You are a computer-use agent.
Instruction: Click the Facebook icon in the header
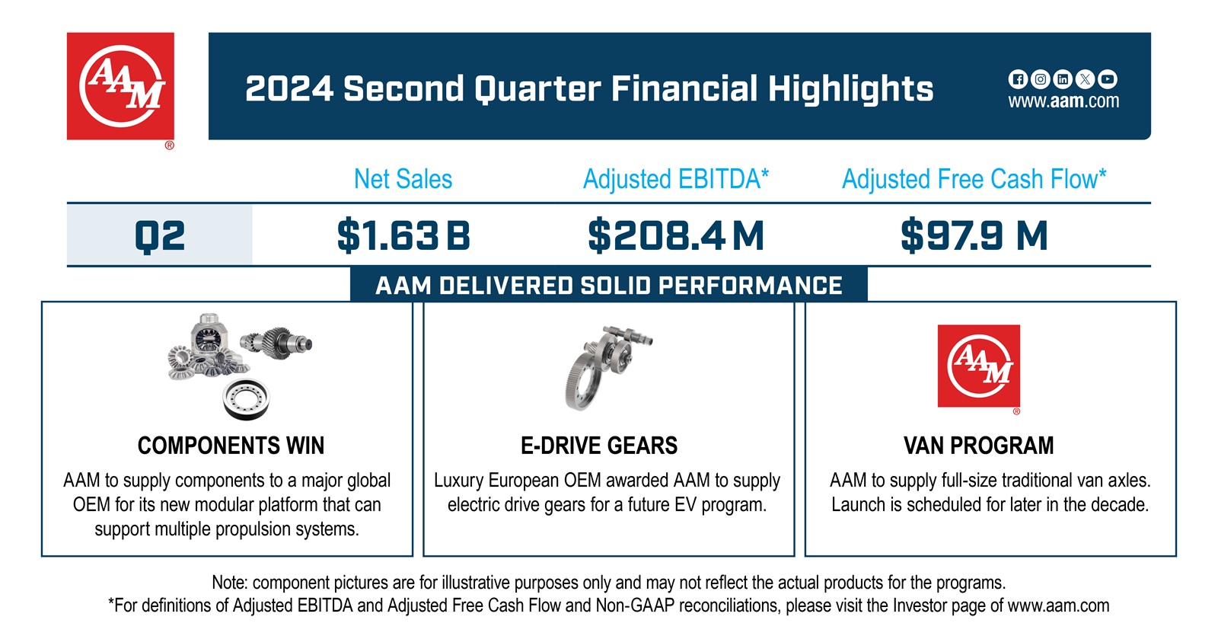coord(1017,79)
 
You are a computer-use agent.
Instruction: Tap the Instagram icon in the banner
coord(1040,79)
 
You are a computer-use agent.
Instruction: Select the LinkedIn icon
coord(1063,79)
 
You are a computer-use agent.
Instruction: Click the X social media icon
coord(1086,79)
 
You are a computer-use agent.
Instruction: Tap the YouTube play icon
coord(1108,79)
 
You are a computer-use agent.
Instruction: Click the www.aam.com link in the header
coord(1063,101)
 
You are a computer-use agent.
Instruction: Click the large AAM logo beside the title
coord(120,86)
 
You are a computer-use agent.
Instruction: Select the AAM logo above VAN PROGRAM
coord(978,366)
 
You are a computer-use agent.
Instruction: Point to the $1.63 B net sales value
coord(403,235)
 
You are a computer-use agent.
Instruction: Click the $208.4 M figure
coord(675,235)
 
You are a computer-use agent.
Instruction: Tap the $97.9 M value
coord(974,235)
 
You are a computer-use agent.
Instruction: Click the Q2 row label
coord(160,235)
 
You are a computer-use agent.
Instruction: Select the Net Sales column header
coord(403,180)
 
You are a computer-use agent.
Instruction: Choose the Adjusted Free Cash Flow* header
coord(974,180)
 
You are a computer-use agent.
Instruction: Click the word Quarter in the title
coord(537,89)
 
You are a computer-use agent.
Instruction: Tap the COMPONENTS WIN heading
coord(231,446)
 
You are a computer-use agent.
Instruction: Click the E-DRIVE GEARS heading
coord(599,446)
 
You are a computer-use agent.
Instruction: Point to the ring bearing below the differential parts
coord(246,398)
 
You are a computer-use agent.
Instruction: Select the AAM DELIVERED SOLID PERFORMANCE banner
coord(608,286)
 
